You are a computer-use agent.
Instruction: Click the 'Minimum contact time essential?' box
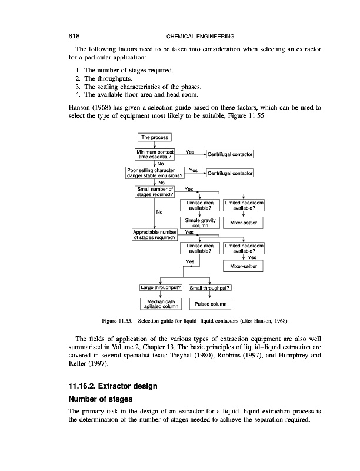[x=155, y=155]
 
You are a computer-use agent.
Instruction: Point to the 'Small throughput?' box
[x=210, y=288]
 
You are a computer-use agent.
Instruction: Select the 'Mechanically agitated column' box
[x=161, y=304]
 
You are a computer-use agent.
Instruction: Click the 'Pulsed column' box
[x=210, y=304]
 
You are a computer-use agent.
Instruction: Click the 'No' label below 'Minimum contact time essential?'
[x=160, y=164]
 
